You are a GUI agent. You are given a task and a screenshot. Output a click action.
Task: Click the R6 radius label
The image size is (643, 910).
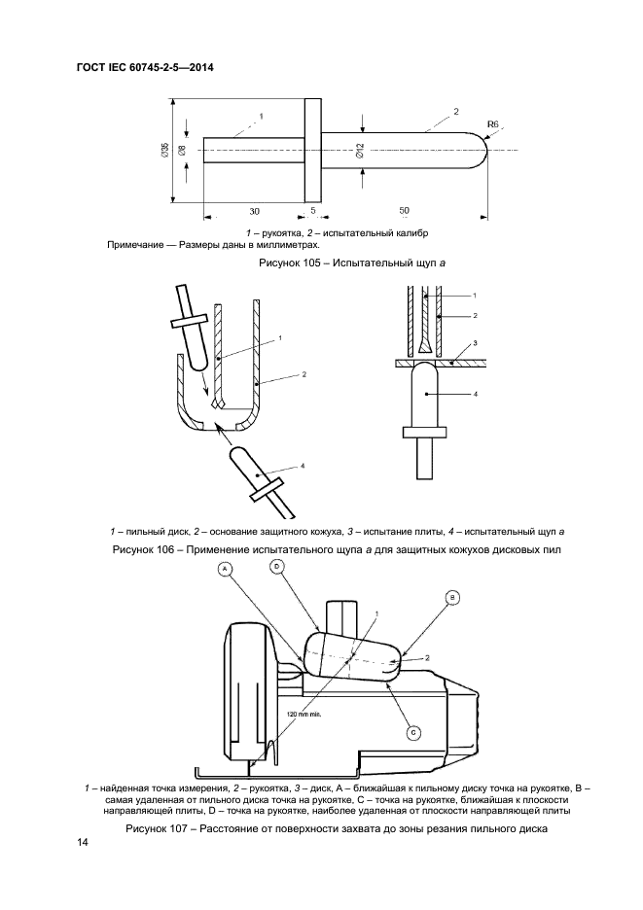[493, 123]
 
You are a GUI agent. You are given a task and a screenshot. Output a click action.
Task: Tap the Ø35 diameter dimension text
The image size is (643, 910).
[165, 151]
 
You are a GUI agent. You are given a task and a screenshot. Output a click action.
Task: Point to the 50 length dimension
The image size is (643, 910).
[405, 211]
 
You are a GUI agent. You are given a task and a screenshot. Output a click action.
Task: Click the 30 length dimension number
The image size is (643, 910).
[255, 211]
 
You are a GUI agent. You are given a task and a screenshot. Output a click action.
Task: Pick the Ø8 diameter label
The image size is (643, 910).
[182, 151]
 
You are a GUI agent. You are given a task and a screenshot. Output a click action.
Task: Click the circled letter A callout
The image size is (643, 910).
[226, 570]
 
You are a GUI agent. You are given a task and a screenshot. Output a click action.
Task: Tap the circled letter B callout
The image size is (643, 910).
[452, 597]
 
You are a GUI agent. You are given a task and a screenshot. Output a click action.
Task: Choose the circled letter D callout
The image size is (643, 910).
[277, 568]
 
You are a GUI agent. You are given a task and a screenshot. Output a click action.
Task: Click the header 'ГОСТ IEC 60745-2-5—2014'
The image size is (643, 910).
[145, 67]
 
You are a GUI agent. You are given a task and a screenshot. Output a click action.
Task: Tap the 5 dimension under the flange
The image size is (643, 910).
[312, 210]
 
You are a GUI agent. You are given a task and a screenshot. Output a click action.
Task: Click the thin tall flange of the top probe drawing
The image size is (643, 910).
[312, 150]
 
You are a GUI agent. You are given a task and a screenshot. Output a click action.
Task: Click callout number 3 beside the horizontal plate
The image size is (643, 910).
[475, 343]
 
